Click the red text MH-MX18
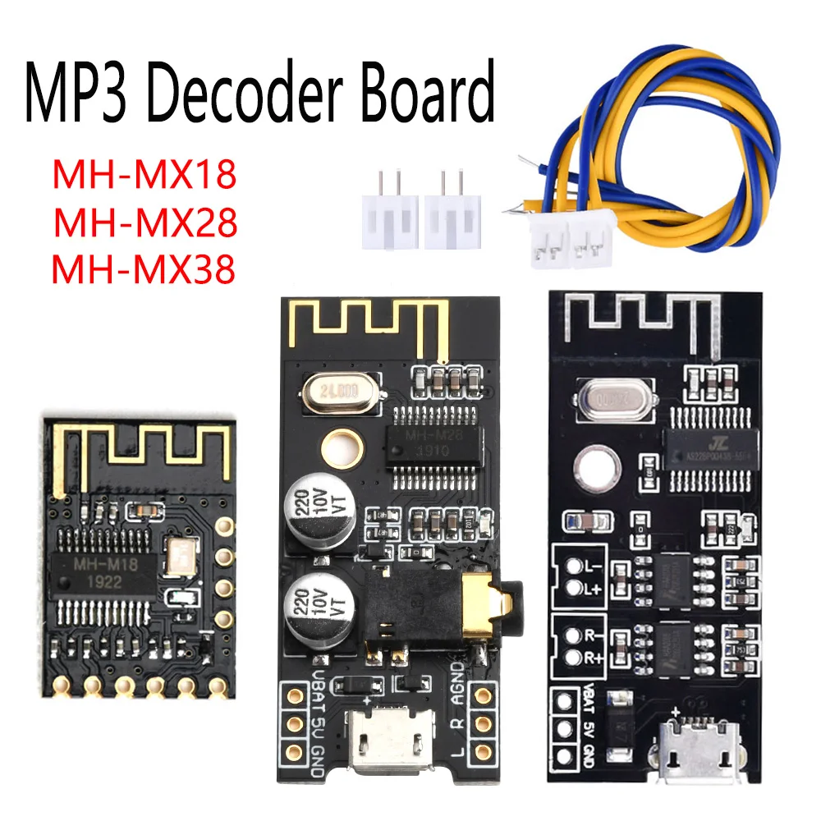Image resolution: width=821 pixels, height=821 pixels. pos(144,176)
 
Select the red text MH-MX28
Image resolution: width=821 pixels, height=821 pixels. pos(144,222)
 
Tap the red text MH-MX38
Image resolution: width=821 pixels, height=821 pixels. pos(144,269)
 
